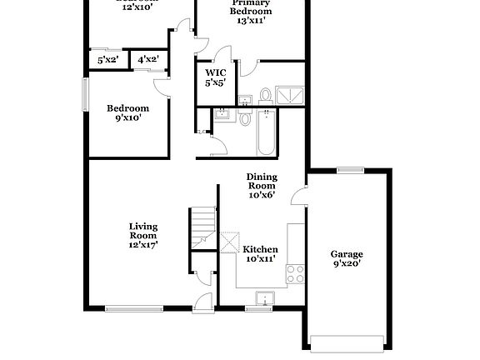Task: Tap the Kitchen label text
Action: click(260, 254)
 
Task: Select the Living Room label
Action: click(143, 235)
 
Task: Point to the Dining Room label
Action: click(261, 186)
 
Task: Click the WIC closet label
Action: click(216, 77)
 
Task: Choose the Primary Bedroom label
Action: click(251, 12)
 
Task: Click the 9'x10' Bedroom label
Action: click(127, 112)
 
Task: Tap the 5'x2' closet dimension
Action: click(107, 60)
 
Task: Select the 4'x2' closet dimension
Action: click(148, 60)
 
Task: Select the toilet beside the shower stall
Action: click(265, 94)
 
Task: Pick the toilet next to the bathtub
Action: click(245, 118)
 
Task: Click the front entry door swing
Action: click(203, 303)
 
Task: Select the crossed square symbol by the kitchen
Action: click(229, 241)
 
